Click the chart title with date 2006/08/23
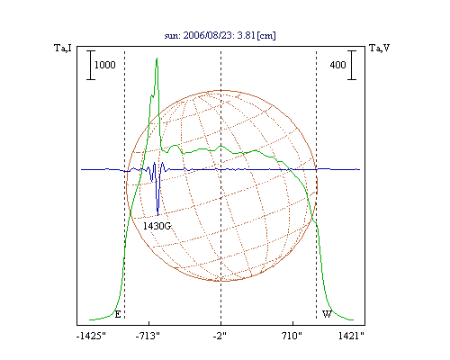(220, 35)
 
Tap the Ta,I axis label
(63, 48)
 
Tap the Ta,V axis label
(379, 48)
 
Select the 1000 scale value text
(105, 65)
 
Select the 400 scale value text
(337, 65)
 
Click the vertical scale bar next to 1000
(91, 65)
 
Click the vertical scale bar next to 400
(352, 65)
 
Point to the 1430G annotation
(157, 226)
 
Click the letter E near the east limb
(118, 314)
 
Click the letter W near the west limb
(327, 314)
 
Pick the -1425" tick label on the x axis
(91, 336)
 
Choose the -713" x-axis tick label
(148, 336)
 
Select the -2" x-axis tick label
(220, 336)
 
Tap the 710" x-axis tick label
(292, 336)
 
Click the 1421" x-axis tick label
(351, 336)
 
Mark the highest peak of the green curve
(157, 58)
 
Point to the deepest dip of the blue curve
(157, 215)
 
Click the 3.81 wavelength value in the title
(246, 35)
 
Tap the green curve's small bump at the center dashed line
(221, 147)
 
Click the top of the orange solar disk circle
(221, 90)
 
